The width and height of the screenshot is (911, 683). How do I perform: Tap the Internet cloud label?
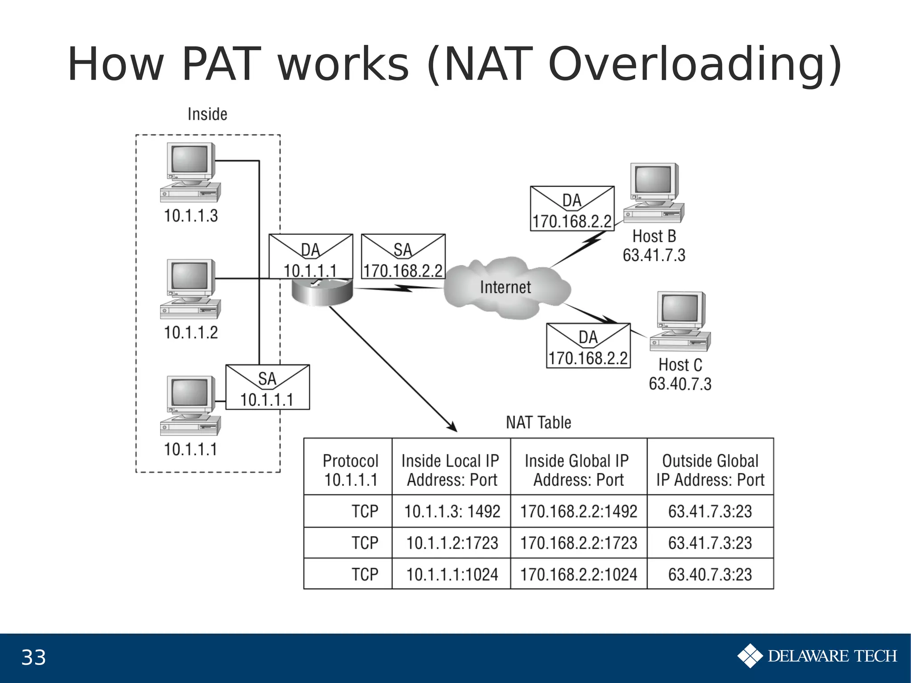[x=505, y=287]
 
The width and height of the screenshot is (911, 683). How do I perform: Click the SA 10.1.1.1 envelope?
[x=267, y=387]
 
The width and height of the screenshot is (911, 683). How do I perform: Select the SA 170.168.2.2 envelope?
[x=403, y=257]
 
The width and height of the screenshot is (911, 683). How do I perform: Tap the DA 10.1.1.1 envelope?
[x=310, y=257]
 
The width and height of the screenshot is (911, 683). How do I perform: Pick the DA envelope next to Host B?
[x=572, y=209]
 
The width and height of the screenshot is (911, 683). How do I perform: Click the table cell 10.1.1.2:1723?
[x=452, y=543]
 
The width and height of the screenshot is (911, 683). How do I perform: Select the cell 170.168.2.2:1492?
[x=579, y=512]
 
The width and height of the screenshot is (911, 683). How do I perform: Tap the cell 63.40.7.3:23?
[x=710, y=574]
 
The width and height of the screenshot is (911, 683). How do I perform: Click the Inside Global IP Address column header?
[x=577, y=470]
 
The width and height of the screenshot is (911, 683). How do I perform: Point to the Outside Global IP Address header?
[x=710, y=470]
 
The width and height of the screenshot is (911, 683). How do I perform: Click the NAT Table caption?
[x=538, y=423]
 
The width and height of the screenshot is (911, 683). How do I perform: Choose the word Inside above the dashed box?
[x=207, y=114]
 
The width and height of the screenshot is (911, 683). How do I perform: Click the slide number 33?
[x=34, y=658]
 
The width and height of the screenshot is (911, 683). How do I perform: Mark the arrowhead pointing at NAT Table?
[x=453, y=428]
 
